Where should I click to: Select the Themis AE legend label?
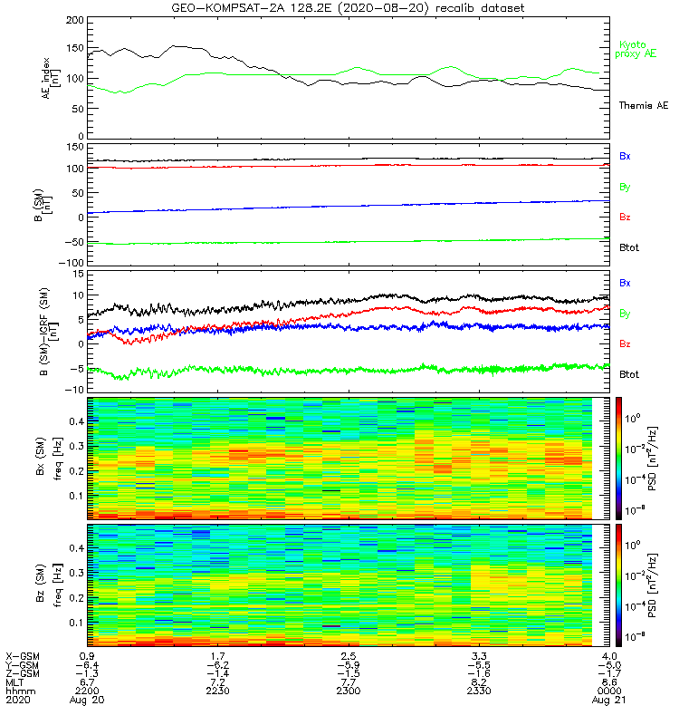643,106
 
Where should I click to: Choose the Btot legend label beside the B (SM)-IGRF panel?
631,374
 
